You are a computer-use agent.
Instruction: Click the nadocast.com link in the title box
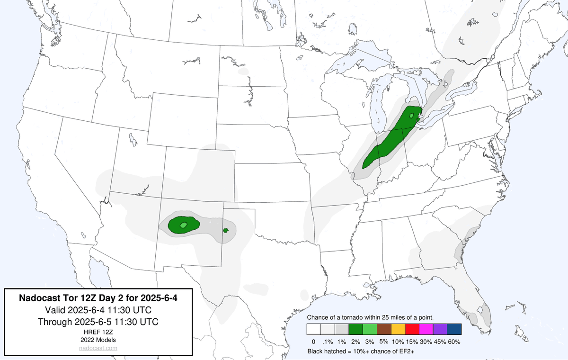[x=98, y=348]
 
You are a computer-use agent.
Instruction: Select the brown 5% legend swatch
[x=384, y=329]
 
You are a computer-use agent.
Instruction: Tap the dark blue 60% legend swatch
[x=454, y=329]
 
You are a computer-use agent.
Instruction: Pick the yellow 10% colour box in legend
[x=398, y=329]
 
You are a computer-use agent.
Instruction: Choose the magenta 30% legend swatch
[x=426, y=329]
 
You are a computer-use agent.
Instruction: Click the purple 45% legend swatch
[x=440, y=329]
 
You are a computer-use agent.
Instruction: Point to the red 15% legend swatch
[x=412, y=329]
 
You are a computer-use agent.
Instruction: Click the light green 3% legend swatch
[x=370, y=329]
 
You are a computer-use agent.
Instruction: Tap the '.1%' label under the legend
[x=327, y=341]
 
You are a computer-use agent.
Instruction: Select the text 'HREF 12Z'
[x=98, y=332]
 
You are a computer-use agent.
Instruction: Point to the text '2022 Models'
[x=98, y=340]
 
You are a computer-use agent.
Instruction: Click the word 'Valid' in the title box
[x=56, y=310]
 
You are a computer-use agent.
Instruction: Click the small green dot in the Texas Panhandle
[x=226, y=231]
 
